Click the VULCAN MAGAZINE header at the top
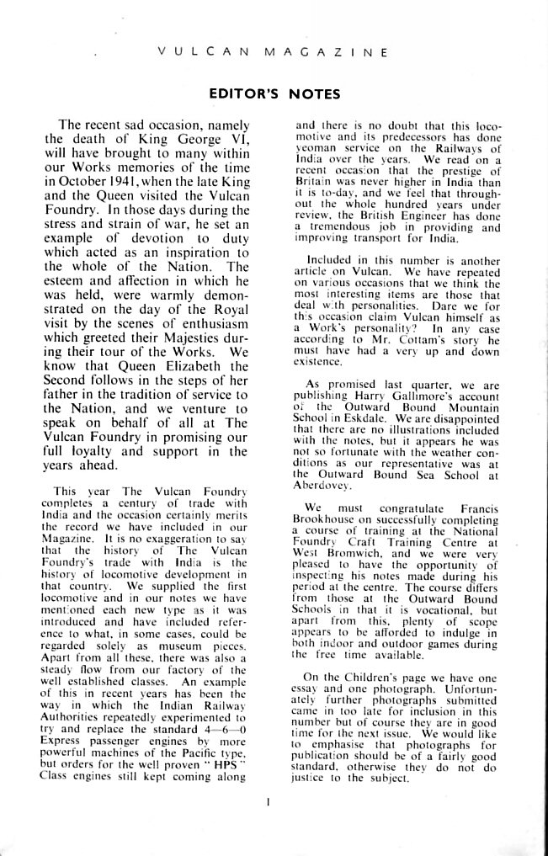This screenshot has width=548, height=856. (x=272, y=52)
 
